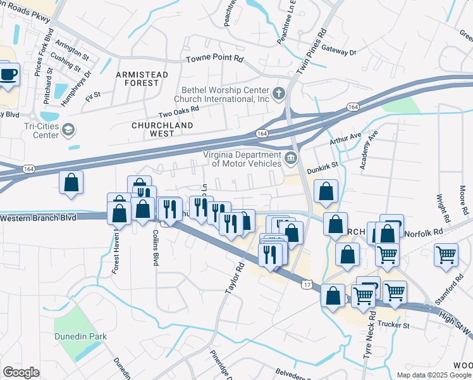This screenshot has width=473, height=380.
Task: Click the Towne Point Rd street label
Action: click(x=214, y=59)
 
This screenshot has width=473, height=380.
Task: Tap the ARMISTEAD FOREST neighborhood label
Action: click(x=142, y=79)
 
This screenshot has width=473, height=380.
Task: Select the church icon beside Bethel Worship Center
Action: click(x=279, y=94)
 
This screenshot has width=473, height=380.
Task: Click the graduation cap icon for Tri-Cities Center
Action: click(x=68, y=130)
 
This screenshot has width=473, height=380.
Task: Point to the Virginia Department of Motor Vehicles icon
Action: click(x=291, y=158)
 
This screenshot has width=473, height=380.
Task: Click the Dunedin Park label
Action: click(x=80, y=336)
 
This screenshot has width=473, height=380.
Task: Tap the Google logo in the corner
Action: click(x=21, y=372)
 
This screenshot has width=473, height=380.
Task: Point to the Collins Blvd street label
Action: click(x=155, y=247)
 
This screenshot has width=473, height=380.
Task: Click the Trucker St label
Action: click(x=393, y=326)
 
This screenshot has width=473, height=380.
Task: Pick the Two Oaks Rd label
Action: click(x=178, y=111)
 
